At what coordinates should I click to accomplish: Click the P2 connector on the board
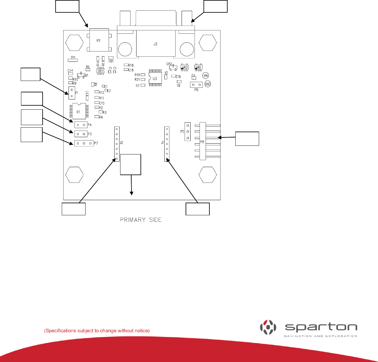pos(99,40)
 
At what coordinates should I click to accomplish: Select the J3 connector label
pos(155,44)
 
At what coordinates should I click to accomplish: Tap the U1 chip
pos(79,112)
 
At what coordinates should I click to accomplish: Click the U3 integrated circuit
pos(155,78)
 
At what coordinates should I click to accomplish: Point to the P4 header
pos(81,125)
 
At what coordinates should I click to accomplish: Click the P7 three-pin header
pos(84,143)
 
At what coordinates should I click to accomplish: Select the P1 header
pos(72,93)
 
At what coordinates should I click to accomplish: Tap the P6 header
pos(196,85)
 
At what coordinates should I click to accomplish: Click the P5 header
pos(187,132)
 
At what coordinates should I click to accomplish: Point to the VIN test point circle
pos(205,75)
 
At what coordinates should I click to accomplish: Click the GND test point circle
pos(208,84)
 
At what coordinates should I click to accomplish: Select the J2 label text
pos(122,143)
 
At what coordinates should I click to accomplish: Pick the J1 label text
pos(162,143)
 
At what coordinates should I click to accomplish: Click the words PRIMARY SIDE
pos(141,220)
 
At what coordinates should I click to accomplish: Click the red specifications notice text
pos(97,331)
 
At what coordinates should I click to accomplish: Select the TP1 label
pos(73,57)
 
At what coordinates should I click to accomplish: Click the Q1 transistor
pos(81,75)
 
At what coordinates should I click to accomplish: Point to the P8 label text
pos(202,142)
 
